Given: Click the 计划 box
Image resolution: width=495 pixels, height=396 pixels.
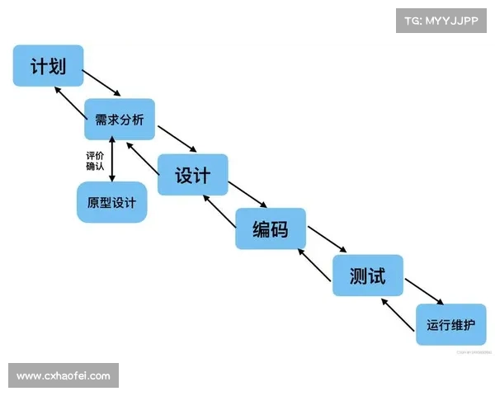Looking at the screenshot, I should pos(48,65).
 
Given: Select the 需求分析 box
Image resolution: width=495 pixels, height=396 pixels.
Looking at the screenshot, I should pos(120,120).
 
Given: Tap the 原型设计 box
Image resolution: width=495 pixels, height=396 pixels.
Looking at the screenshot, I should pos(112,201).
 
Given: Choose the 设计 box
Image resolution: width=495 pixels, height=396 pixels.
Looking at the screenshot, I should pos(192,175).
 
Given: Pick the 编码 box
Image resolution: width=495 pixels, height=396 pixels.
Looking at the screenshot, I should pos(271,229).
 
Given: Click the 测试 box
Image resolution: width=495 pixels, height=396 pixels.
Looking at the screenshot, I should pos(367,275).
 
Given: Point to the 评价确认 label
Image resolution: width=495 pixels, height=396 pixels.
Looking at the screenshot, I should pos(95,161).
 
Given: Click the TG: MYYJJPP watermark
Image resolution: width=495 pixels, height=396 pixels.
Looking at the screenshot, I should pos(441,20).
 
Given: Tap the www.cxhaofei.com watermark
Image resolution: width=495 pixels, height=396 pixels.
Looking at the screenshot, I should pos(63,375).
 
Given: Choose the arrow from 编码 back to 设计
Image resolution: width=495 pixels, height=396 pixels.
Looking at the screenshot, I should pos(219,210).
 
